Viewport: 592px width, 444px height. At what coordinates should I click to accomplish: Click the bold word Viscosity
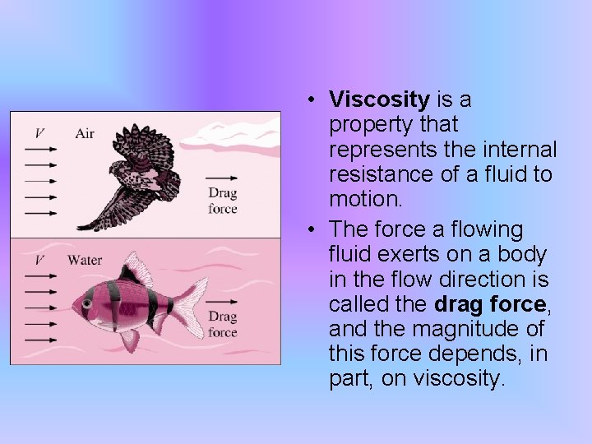pyautogui.click(x=379, y=100)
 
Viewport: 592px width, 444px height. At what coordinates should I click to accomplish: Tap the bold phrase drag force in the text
pyautogui.click(x=489, y=304)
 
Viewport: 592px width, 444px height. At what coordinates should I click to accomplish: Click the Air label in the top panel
pyautogui.click(x=85, y=133)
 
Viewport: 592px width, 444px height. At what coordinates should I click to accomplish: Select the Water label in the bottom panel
pyautogui.click(x=85, y=261)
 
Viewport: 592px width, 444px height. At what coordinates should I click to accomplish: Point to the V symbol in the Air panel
pyautogui.click(x=39, y=133)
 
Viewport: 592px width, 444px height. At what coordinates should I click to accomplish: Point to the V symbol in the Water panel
pyautogui.click(x=39, y=261)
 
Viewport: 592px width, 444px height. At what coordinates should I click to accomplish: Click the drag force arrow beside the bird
pyautogui.click(x=221, y=177)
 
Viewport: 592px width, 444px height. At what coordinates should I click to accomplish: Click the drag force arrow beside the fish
pyautogui.click(x=221, y=300)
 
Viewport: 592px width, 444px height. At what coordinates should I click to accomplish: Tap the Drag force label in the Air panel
pyautogui.click(x=222, y=201)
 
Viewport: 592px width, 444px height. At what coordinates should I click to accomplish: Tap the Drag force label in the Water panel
pyautogui.click(x=222, y=325)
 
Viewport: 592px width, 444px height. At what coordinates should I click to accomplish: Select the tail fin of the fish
pyautogui.click(x=191, y=306)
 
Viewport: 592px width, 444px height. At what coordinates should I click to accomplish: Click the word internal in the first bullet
pyautogui.click(x=517, y=150)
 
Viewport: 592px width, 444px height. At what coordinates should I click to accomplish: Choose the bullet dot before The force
pyautogui.click(x=314, y=229)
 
